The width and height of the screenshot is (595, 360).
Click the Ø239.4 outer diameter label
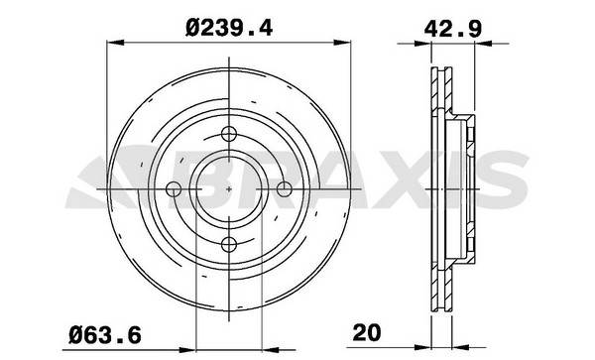pyautogui.click(x=229, y=28)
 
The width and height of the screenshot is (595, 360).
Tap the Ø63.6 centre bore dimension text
pyautogui.click(x=105, y=335)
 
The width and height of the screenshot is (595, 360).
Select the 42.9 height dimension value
pyautogui.click(x=453, y=29)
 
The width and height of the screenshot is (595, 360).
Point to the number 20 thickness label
pyautogui.click(x=366, y=332)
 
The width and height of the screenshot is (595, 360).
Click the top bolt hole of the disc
pyautogui.click(x=229, y=134)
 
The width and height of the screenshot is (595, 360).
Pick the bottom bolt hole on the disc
pyautogui.click(x=229, y=245)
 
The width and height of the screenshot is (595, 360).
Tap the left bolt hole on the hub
pyautogui.click(x=174, y=188)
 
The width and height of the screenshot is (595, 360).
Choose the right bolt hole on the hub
pyautogui.click(x=285, y=188)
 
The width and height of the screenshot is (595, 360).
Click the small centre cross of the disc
pyautogui.click(x=229, y=188)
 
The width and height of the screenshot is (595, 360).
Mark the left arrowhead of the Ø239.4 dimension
pyautogui.click(x=115, y=42)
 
